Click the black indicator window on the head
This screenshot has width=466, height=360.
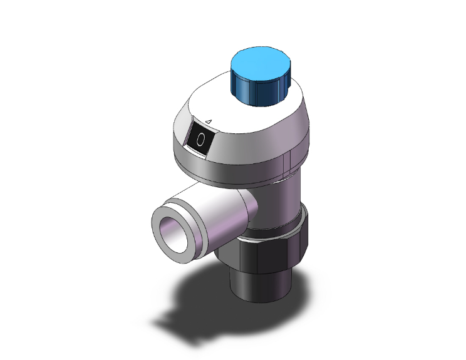coord(201,140)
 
